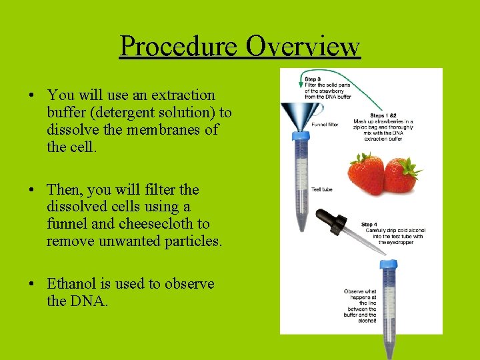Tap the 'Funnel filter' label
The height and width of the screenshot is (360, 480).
[x=325, y=124]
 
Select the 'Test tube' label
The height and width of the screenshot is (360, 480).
[x=321, y=189]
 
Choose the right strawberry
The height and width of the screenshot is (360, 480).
[x=401, y=175]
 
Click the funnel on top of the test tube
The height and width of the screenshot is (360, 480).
[x=291, y=115]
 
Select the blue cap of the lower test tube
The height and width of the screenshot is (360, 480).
[x=389, y=265]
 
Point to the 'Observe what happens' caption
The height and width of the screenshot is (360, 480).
[x=360, y=306]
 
